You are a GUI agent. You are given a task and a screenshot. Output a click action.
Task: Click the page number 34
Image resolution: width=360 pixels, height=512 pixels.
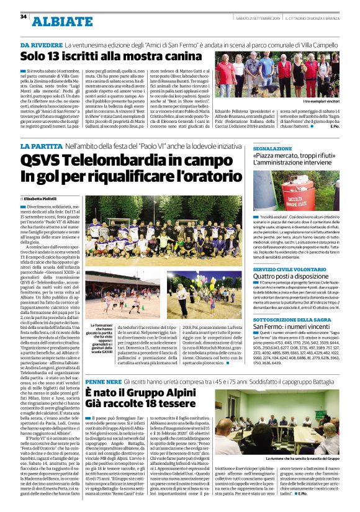tap(23, 16)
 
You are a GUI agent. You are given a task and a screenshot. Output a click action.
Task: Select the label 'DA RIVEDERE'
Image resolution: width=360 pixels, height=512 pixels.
tap(42, 45)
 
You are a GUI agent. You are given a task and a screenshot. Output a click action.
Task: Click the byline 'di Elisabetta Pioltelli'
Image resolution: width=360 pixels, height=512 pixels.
tap(42, 198)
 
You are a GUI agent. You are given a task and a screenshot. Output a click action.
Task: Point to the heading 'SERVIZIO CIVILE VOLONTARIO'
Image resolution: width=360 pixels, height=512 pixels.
tap(296, 269)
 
